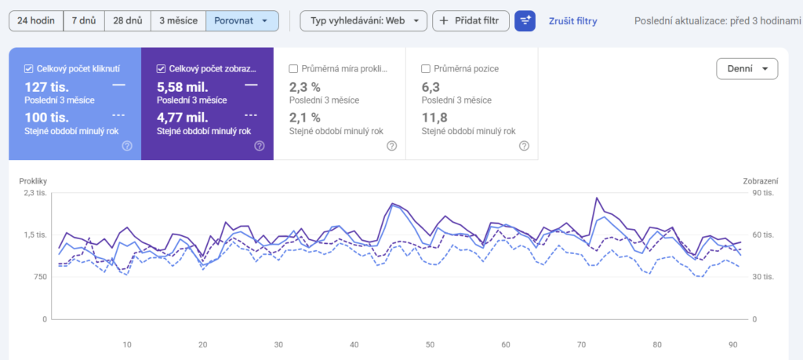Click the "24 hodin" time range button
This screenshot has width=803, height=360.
[x=36, y=21]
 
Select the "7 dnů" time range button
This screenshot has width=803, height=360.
[x=84, y=21]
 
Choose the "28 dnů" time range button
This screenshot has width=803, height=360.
[x=128, y=21]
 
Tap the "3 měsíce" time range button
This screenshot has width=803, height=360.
[x=178, y=21]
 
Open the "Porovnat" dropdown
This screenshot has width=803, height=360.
[x=242, y=21]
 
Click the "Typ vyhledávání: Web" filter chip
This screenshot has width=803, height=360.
[x=364, y=21]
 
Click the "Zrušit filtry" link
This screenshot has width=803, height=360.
[x=572, y=21]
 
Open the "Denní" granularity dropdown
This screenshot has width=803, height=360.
[x=747, y=69]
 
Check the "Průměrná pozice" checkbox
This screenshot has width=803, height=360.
[x=425, y=68]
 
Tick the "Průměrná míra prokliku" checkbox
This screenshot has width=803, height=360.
[x=293, y=68]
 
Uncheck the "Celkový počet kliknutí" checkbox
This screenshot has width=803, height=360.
[x=29, y=68]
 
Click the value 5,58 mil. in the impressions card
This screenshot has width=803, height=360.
[x=182, y=87]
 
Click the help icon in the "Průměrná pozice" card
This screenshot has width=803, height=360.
[x=524, y=146]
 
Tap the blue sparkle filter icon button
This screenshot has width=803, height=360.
[x=525, y=21]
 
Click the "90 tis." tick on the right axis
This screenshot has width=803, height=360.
[x=762, y=193]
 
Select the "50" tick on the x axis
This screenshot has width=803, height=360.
[x=431, y=344]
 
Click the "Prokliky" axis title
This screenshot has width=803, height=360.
[x=32, y=180]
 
